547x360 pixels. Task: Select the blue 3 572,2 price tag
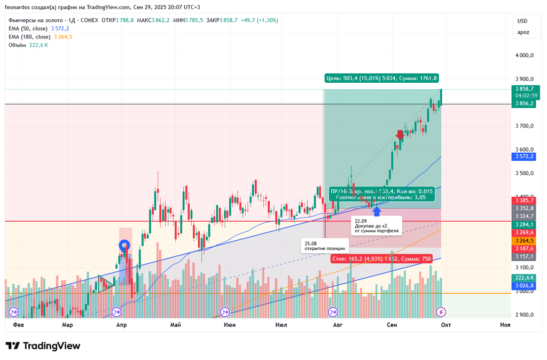pyautogui.click(x=524, y=156)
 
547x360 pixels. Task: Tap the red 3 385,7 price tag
pyautogui.click(x=524, y=201)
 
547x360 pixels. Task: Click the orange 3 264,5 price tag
pyautogui.click(x=524, y=241)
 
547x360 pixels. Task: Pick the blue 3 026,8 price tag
pyautogui.click(x=524, y=286)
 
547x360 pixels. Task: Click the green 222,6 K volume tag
pyautogui.click(x=524, y=278)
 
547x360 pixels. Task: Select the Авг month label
pyautogui.click(x=338, y=325)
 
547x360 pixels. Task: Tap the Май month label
pyautogui.click(x=175, y=325)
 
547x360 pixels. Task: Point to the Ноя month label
pyautogui.click(x=504, y=325)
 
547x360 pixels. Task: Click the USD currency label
pyautogui.click(x=522, y=21)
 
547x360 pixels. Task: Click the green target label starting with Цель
pyautogui.click(x=381, y=78)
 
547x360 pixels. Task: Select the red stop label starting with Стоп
pyautogui.click(x=381, y=259)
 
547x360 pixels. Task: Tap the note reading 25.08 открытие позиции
pyautogui.click(x=325, y=246)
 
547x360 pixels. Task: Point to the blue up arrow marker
pyautogui.click(x=377, y=211)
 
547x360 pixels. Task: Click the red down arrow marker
pyautogui.click(x=400, y=135)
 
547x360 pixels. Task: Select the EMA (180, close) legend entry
pyautogui.click(x=29, y=37)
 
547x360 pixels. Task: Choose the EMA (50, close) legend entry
pyautogui.click(x=28, y=28)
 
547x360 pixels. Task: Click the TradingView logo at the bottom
pyautogui.click(x=43, y=346)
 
